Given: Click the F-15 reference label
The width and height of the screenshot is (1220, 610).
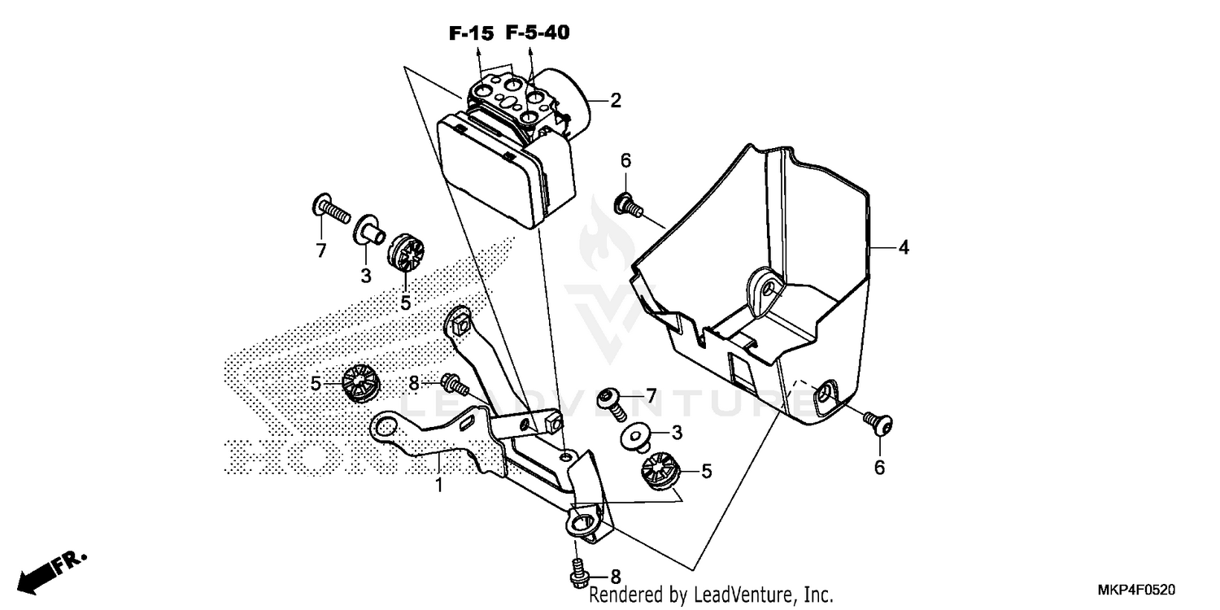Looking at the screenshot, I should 470,33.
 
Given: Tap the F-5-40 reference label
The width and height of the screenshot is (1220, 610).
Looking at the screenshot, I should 537,33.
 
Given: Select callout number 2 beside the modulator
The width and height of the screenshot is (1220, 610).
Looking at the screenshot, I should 616,101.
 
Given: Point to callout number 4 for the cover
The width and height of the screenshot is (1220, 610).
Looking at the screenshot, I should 902,248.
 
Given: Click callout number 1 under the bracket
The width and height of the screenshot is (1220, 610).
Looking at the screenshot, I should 439,486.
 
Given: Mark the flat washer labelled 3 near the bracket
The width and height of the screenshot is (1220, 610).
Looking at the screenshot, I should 636,437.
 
